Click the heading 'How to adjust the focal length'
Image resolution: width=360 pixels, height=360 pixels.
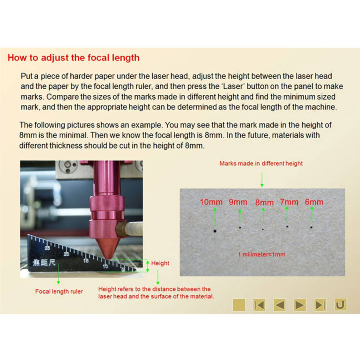(x=74, y=58)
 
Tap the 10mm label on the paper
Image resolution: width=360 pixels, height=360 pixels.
(x=211, y=202)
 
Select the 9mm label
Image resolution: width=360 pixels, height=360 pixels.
(x=238, y=202)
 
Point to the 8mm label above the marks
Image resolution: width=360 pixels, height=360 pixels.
(x=264, y=202)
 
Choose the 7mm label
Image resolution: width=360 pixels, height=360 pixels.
(x=289, y=202)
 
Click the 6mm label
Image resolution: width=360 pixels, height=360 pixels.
(x=314, y=202)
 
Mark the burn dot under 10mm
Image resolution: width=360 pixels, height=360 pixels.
(x=215, y=231)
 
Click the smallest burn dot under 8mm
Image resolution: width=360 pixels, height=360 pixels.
(x=263, y=229)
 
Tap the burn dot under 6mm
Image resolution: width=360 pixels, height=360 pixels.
(x=311, y=227)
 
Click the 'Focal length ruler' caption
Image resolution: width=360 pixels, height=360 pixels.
(x=59, y=291)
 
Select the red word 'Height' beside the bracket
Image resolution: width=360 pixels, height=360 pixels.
(x=160, y=263)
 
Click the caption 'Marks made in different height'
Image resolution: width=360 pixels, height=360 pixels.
(x=261, y=164)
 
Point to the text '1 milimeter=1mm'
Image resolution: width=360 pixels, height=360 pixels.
(x=262, y=254)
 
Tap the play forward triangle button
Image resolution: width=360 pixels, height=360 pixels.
(x=300, y=305)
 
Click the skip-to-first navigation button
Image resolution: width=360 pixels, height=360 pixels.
(x=259, y=305)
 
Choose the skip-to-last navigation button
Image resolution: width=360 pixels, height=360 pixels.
(x=320, y=305)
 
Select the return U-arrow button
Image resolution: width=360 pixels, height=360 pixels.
(x=340, y=305)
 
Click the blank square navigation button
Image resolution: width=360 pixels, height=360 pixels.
(x=239, y=305)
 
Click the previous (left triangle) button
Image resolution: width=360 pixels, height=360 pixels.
(x=280, y=305)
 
